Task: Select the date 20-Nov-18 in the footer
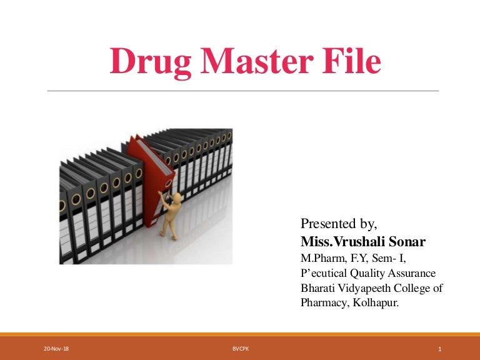pos(56,349)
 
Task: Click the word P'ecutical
pos(322,273)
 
